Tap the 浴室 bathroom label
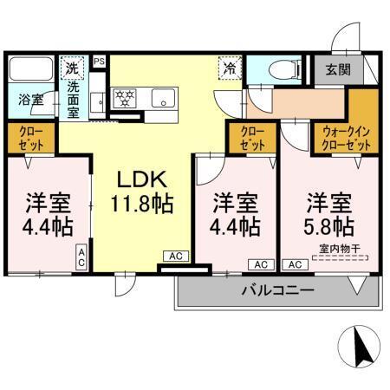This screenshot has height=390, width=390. coord(28,98)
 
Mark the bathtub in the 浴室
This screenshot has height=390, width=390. coord(30,69)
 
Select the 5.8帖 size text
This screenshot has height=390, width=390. coord(328,227)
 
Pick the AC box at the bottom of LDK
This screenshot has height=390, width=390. coord(175,257)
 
